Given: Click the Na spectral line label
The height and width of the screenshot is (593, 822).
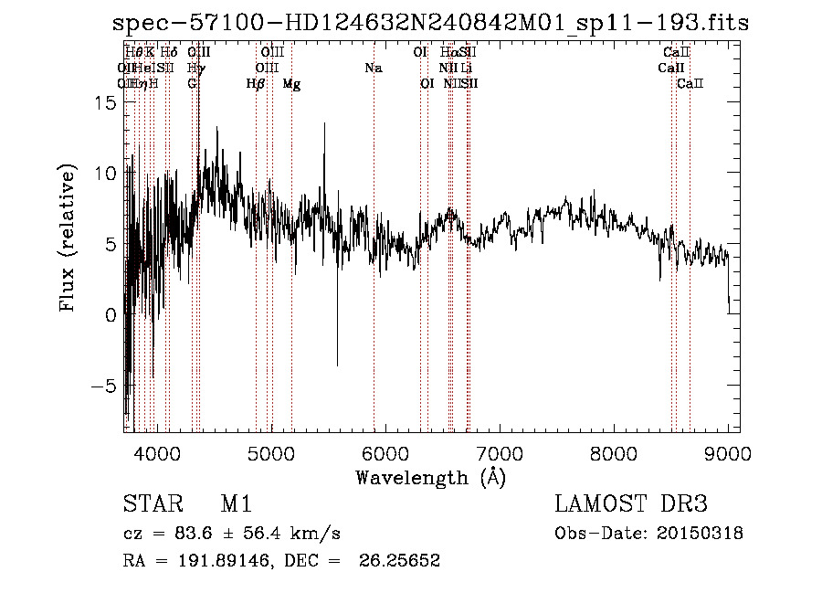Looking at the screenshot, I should coord(373,69).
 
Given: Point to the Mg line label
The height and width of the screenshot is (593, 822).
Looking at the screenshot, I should coord(291,84).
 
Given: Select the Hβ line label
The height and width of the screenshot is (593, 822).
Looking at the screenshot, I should coord(256,84).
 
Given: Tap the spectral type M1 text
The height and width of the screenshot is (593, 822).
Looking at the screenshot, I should coord(236,504).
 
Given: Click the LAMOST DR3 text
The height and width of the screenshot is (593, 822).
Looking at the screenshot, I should coord(630,504).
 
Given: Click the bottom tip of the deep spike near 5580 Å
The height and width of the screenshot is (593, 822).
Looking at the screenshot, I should coord(337,365).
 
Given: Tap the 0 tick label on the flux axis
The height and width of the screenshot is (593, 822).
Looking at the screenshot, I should coord(110,315).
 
